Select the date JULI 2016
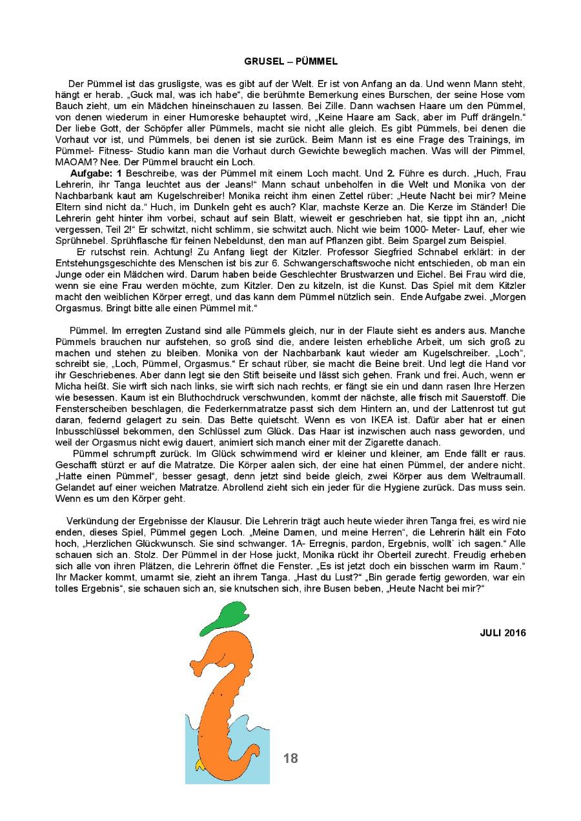(503, 633)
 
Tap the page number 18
(290, 758)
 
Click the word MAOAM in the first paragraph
(72, 161)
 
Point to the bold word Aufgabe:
(91, 175)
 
